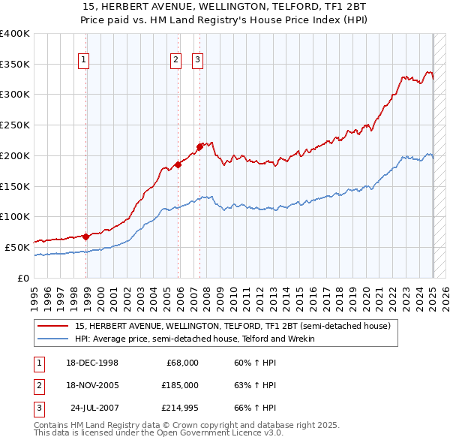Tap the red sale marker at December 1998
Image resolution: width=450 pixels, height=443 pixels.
86,237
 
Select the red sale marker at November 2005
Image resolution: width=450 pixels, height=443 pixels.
178,164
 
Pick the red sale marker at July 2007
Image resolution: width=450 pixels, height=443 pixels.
199,146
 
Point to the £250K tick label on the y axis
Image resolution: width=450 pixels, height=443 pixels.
15,125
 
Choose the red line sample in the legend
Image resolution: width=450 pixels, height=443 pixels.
52,327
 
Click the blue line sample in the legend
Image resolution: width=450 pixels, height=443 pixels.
52,339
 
